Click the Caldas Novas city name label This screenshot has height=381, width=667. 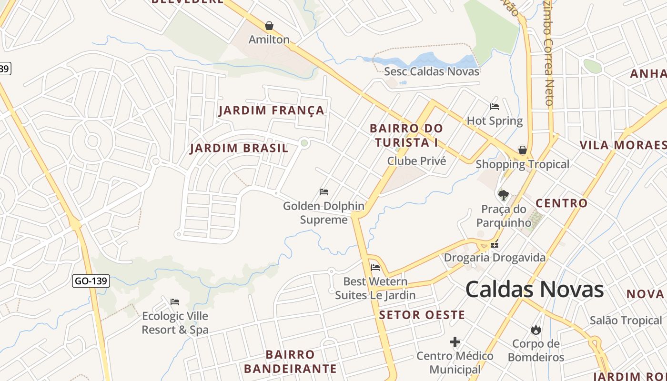tap(534, 290)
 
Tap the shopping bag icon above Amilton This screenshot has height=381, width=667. tap(269, 25)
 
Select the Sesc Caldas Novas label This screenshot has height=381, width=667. tap(432, 71)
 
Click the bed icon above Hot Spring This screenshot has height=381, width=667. tap(495, 107)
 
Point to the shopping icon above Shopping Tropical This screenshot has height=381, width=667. tap(523, 150)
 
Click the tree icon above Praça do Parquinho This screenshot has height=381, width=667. tap(503, 194)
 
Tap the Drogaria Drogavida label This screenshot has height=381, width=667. tap(495, 258)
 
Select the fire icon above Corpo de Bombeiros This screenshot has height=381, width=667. tap(536, 329)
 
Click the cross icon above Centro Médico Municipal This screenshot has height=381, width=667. tap(455, 341)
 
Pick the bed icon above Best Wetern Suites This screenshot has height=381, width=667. tap(375, 267)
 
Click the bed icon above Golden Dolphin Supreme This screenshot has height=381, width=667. tap(324, 192)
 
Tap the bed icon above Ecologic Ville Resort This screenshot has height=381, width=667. tap(175, 301)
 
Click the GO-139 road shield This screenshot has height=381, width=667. tap(91, 281)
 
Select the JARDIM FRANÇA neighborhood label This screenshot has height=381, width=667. tap(271, 110)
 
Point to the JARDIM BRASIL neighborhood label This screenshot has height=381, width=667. tap(239, 148)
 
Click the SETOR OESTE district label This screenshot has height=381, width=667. tap(422, 315)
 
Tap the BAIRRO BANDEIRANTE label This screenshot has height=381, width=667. tap(290, 361)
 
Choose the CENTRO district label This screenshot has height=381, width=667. tap(562, 203)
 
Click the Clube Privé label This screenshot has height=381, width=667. tap(416, 161)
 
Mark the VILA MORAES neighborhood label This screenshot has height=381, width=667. tap(623, 145)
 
